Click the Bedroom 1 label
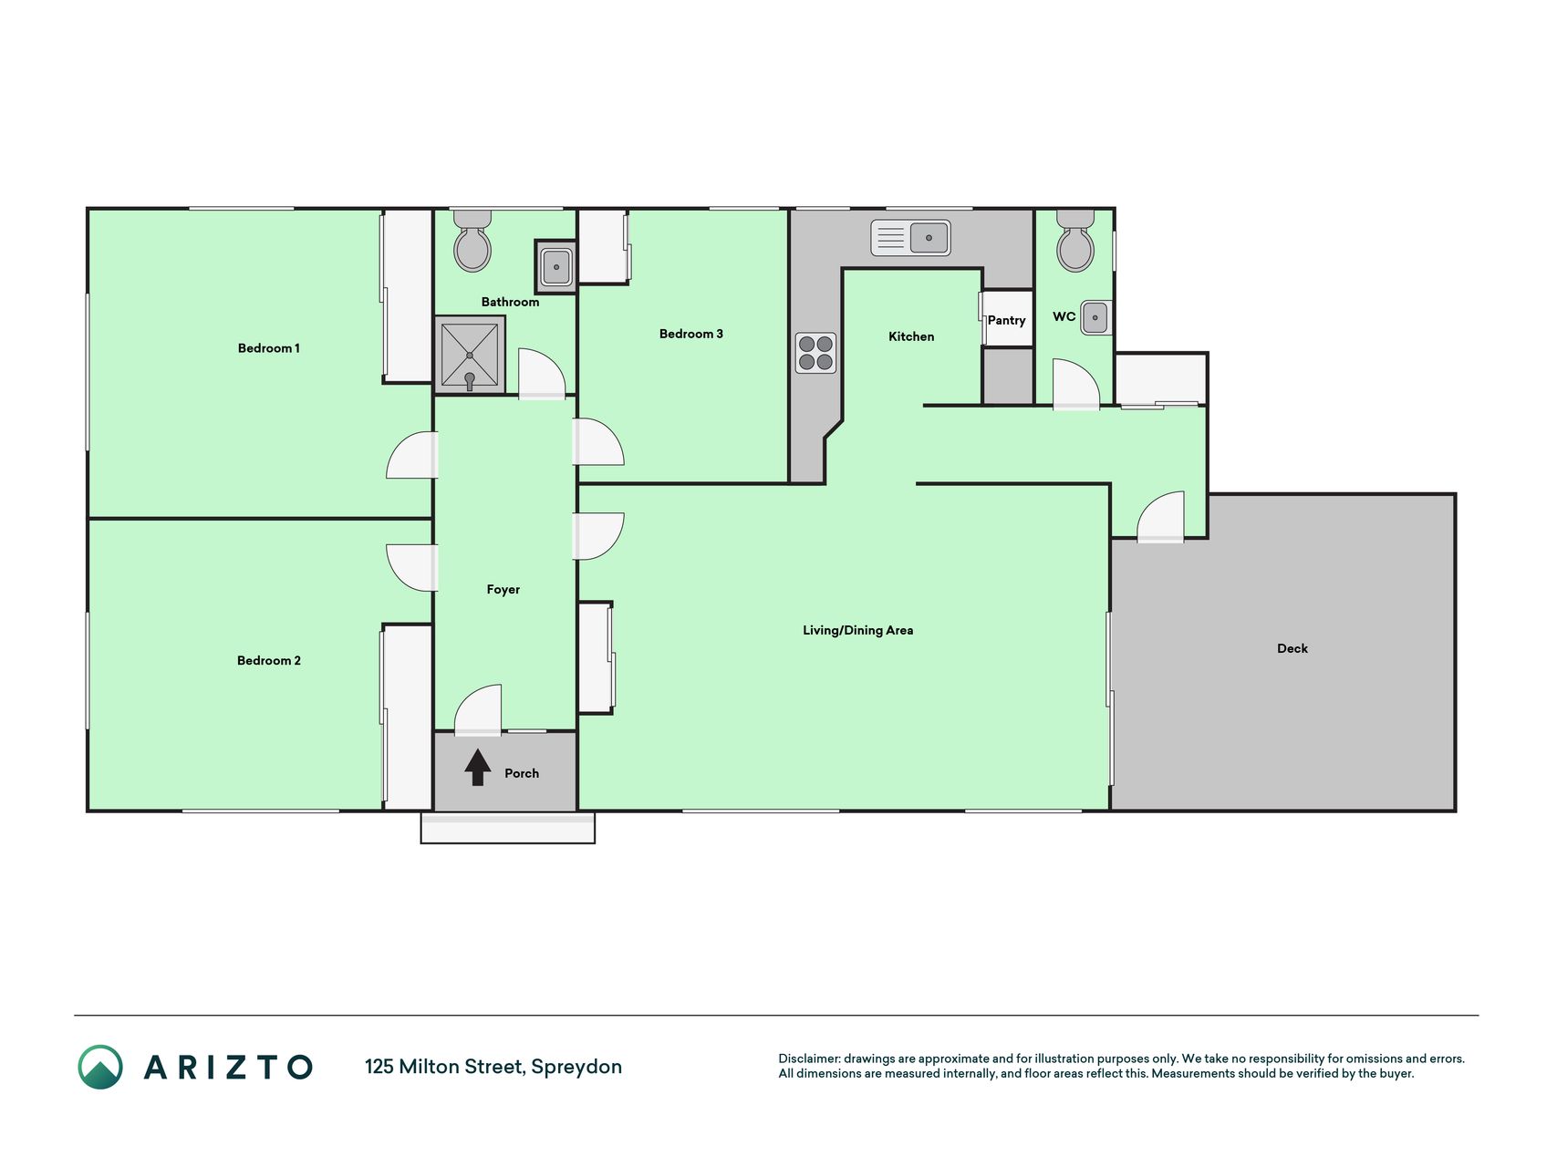(268, 348)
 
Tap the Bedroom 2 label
(268, 661)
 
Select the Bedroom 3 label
(690, 334)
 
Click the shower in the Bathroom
(470, 355)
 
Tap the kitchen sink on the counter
(910, 238)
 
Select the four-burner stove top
(815, 353)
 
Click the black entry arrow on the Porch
(478, 767)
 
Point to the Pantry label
(1006, 320)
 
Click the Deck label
(1292, 648)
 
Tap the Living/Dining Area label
(857, 630)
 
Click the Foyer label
(503, 590)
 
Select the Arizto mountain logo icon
(100, 1067)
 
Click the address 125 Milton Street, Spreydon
(493, 1067)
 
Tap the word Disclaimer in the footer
(808, 1059)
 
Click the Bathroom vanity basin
(555, 267)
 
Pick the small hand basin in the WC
(1095, 317)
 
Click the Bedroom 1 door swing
(411, 455)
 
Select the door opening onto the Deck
(1160, 517)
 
